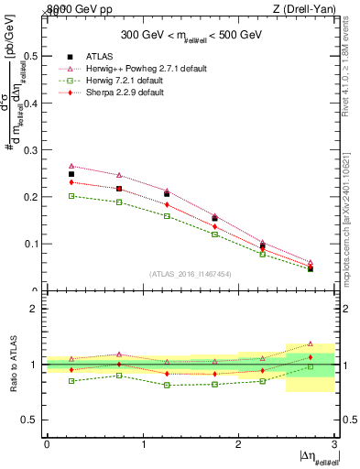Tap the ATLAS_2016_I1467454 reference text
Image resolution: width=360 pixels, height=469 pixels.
[x=190, y=274]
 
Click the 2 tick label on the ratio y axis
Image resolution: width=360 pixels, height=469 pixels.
[x=35, y=309]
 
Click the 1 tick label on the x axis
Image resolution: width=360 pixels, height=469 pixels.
[x=143, y=443]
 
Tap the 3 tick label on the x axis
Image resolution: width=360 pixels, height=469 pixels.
[x=334, y=443]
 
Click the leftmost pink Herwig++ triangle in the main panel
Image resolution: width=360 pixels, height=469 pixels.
[x=71, y=166]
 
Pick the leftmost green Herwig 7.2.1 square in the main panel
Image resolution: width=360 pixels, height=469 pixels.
[x=71, y=195]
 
